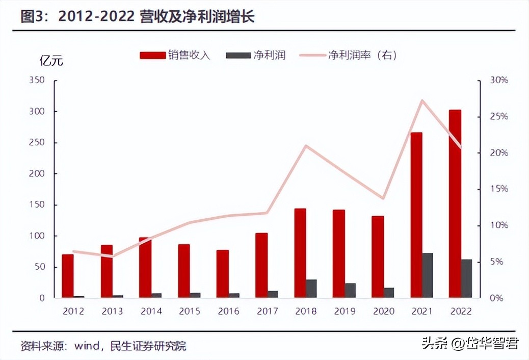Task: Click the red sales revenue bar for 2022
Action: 455,204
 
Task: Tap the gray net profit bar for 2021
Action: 428,275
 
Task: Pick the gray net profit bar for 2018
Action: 311,289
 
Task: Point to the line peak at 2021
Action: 422,100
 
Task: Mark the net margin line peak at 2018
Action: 305,146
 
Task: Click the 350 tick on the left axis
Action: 38,80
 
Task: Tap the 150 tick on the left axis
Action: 38,204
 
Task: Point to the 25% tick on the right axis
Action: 499,117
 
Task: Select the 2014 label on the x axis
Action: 151,311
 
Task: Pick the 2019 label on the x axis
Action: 344,311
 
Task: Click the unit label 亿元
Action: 51,60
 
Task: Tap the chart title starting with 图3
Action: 138,16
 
